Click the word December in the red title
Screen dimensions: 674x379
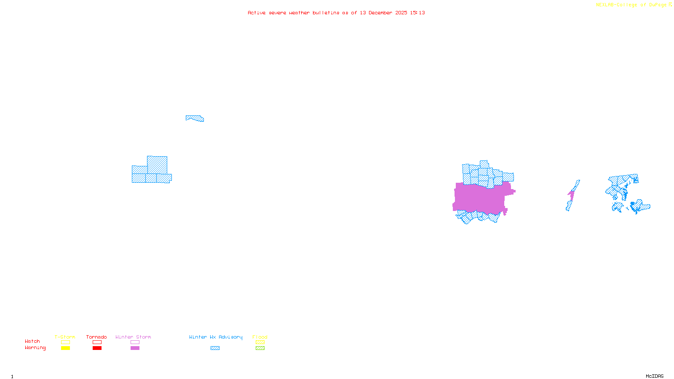tap(380, 13)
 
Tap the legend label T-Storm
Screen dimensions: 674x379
tap(65, 337)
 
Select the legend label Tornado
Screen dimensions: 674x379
tap(96, 337)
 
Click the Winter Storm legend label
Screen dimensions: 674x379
tap(133, 337)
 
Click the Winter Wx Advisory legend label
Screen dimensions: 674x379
tap(216, 337)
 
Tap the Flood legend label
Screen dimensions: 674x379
tap(260, 337)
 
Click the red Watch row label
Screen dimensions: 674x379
tap(32, 341)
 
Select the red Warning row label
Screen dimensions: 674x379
tap(35, 348)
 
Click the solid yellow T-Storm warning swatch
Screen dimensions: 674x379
tap(65, 348)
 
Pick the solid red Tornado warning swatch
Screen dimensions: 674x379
tap(97, 348)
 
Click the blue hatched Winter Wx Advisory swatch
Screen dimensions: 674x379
tap(215, 348)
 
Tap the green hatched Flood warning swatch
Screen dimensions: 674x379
tap(260, 348)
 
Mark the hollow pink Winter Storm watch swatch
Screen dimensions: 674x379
tap(135, 342)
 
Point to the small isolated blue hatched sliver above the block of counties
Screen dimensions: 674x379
tap(195, 118)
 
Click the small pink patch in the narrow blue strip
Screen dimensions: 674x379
tap(571, 195)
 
